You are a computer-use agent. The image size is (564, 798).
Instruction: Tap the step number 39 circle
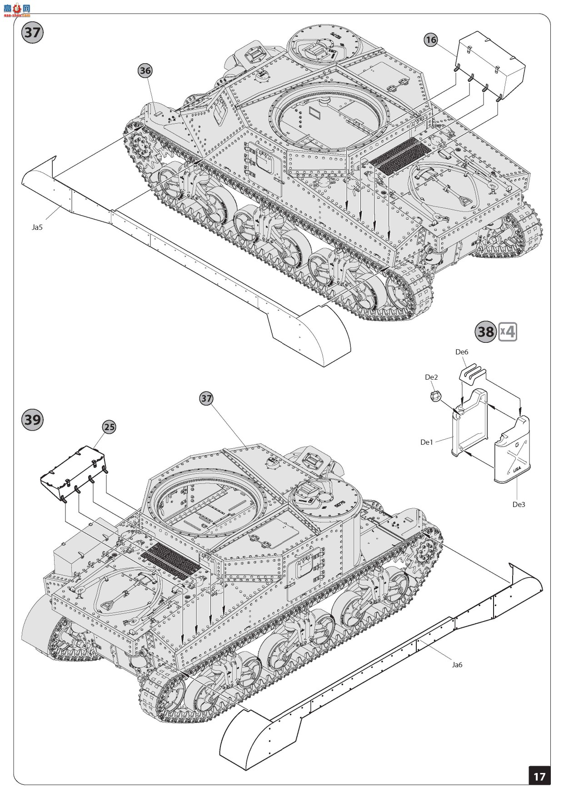(x=32, y=419)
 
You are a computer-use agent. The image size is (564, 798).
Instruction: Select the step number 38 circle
(x=485, y=331)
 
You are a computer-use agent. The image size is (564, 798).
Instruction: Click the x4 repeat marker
(x=507, y=331)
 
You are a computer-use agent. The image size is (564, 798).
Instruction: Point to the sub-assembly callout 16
(x=430, y=40)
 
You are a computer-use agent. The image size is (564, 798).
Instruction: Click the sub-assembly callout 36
(x=145, y=70)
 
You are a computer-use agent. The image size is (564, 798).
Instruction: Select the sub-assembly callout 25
(x=109, y=427)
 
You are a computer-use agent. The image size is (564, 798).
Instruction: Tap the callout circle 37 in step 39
(x=206, y=398)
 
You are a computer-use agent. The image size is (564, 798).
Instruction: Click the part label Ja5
(x=37, y=227)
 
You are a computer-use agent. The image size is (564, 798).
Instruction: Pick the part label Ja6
(x=457, y=664)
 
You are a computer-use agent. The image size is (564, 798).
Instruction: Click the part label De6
(x=461, y=351)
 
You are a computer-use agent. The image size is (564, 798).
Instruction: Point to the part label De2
(x=431, y=377)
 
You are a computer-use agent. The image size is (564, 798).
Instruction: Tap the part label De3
(x=519, y=504)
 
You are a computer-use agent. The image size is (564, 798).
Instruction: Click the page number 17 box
(x=539, y=776)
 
